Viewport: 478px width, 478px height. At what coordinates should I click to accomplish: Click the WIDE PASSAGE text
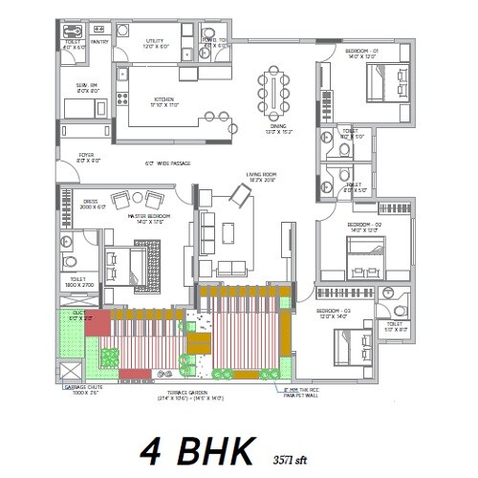coord(167,163)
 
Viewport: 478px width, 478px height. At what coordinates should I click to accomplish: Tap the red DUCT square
coord(77,320)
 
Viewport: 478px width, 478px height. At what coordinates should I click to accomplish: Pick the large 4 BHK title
coord(194,447)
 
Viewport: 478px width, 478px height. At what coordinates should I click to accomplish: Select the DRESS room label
coord(91,202)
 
